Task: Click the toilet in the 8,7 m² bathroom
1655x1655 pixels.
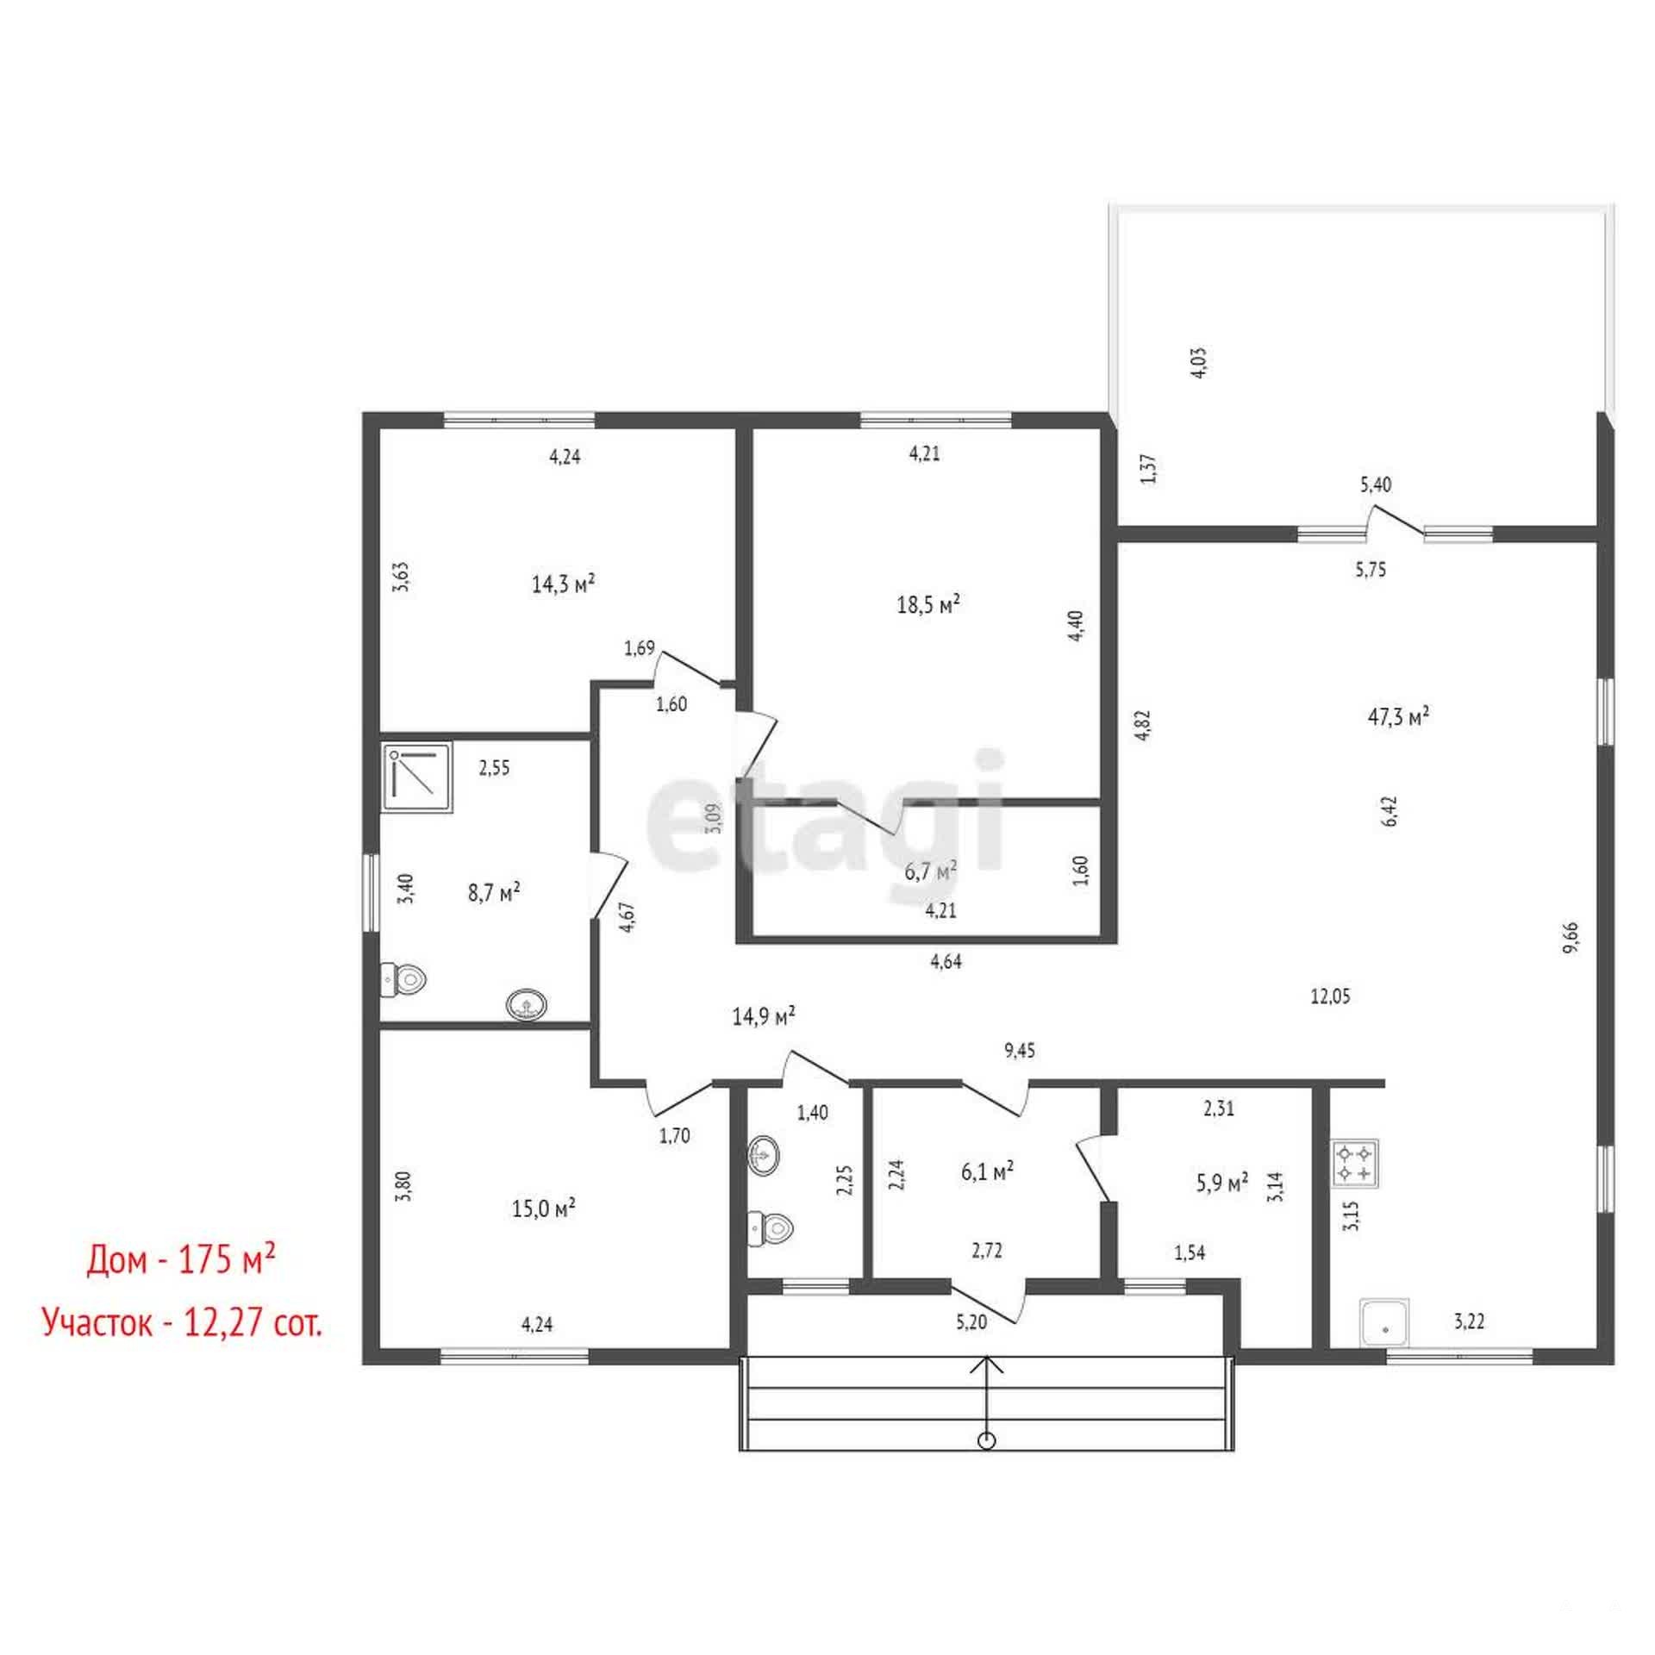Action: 404,978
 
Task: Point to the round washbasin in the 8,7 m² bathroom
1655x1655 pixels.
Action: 527,1004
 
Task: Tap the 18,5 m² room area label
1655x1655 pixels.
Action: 928,603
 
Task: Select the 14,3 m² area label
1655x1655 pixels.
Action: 564,584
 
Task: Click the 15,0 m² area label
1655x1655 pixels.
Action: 544,1208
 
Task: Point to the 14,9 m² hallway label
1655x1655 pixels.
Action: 763,1016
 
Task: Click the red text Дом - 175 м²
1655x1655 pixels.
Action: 181,1261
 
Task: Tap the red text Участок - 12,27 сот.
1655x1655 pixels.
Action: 182,1321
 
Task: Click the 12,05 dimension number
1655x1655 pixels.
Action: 1331,996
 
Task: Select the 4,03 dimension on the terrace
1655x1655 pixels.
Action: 1199,363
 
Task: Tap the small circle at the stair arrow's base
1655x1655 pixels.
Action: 988,1440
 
